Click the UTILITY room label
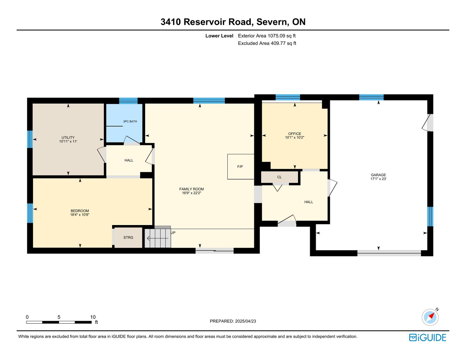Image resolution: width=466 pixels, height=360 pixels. coord(68,137)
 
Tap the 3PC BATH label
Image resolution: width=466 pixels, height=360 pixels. coord(130,121)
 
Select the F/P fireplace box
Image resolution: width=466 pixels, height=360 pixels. coord(241,166)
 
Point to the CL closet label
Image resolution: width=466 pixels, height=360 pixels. coord(279,177)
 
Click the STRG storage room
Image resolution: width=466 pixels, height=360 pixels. coord(128,237)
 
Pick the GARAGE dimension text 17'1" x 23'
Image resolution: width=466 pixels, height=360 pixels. coord(378,179)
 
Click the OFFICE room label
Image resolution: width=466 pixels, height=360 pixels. coord(295,133)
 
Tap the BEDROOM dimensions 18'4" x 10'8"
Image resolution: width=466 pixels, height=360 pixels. coord(79,214)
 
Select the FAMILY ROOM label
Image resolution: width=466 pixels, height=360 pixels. coord(192,189)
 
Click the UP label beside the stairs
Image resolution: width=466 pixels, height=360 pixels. coord(173,233)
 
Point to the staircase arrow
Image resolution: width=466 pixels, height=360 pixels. coord(158,238)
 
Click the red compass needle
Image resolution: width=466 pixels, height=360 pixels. coord(431,316)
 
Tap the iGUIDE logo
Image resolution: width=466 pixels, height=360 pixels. coord(427,337)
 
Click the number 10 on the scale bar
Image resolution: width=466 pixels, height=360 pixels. coord(93,317)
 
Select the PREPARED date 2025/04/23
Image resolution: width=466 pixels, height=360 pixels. coord(246,321)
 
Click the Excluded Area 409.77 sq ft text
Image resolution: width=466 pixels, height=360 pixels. coord(267,43)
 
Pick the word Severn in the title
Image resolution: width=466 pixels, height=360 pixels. coord(272,22)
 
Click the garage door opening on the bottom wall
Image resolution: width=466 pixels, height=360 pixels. coord(389,253)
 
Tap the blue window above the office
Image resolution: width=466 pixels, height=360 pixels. coord(288,97)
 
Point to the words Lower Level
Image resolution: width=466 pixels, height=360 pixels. coord(219,36)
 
